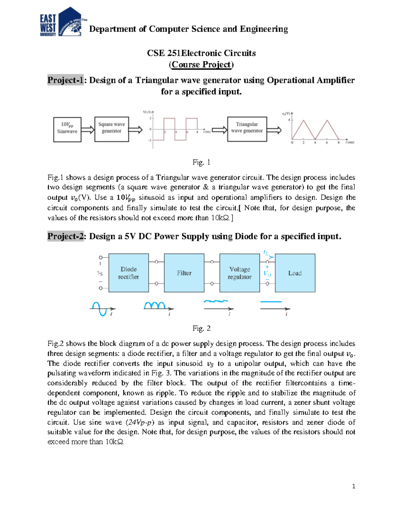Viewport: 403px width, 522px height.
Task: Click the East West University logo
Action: point(61,22)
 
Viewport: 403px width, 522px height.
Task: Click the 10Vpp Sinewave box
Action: point(67,129)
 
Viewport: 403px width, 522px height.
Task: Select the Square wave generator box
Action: point(111,129)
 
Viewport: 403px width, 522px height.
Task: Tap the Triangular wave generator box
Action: point(247,129)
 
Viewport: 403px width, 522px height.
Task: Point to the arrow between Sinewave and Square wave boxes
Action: point(88,129)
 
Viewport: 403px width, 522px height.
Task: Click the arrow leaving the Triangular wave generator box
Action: point(274,130)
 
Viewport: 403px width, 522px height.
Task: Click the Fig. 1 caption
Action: point(201,162)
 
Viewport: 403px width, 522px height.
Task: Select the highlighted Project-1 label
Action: point(65,80)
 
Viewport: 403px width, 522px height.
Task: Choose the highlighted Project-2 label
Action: point(65,236)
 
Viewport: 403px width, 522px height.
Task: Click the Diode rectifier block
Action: point(129,273)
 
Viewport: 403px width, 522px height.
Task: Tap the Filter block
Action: point(184,273)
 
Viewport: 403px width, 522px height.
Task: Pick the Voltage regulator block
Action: point(239,273)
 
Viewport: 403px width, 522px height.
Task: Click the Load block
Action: point(295,273)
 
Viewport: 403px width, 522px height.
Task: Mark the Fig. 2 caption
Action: point(201,328)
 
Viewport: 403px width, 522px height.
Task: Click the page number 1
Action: point(354,486)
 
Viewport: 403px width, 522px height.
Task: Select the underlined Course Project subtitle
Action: point(201,65)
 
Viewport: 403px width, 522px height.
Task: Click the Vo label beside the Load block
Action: point(267,274)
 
